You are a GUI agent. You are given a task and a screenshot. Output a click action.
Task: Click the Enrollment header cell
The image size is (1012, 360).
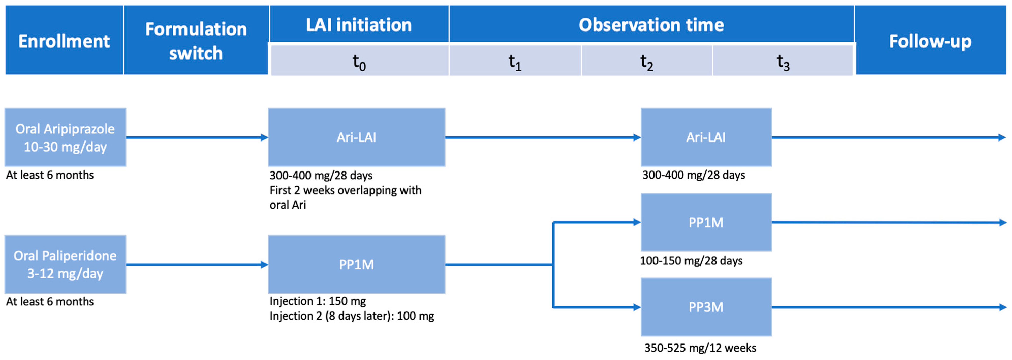pyautogui.click(x=64, y=40)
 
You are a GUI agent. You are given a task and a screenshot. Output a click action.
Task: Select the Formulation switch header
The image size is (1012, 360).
pyautogui.click(x=196, y=40)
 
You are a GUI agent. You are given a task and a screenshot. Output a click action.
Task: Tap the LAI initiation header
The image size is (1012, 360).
pyautogui.click(x=359, y=24)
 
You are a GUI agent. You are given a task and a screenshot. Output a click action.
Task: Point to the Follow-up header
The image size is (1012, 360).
pyautogui.click(x=930, y=40)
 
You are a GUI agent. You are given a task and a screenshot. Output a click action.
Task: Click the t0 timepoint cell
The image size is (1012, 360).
pyautogui.click(x=359, y=61)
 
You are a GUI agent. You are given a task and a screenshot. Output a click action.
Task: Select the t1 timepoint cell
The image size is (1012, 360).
pyautogui.click(x=515, y=61)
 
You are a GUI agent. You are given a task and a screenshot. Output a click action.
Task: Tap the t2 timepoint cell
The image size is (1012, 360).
pyautogui.click(x=647, y=61)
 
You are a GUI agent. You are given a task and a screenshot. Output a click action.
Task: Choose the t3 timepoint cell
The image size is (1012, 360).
pyautogui.click(x=783, y=61)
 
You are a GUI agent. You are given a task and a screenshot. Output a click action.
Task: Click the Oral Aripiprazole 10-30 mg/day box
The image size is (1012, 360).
pyautogui.click(x=65, y=137)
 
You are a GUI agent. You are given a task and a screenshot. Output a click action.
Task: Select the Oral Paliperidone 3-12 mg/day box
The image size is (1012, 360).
pyautogui.click(x=65, y=264)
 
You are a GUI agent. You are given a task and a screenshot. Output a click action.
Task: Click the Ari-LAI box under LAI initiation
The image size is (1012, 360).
pyautogui.click(x=356, y=137)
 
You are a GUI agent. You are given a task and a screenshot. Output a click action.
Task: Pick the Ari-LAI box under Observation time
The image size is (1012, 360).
pyautogui.click(x=706, y=137)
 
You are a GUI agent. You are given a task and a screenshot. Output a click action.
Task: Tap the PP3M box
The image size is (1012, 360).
pyautogui.click(x=706, y=307)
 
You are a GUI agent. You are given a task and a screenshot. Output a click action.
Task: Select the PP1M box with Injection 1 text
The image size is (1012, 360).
pyautogui.click(x=356, y=264)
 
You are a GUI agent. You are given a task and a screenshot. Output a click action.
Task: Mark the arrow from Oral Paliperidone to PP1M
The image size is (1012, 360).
pyautogui.click(x=196, y=264)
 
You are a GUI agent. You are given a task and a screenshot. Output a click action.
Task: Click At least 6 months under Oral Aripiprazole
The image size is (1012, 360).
pyautogui.click(x=50, y=175)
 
